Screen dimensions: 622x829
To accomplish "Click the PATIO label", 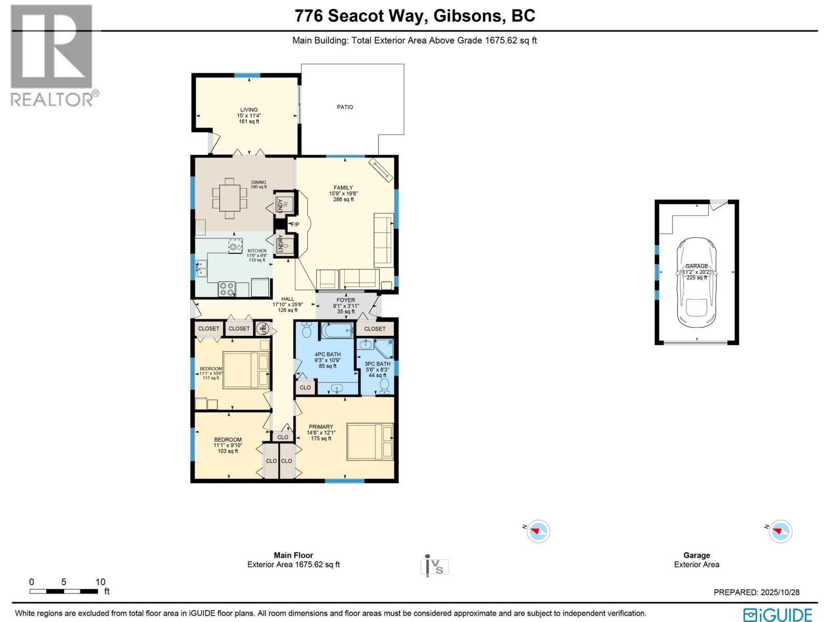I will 345,107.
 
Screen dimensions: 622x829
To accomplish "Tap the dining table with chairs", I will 230,195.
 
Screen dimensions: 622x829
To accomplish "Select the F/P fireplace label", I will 295,224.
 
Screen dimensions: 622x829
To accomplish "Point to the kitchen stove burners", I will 226,289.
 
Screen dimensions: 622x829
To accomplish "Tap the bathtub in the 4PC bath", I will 337,330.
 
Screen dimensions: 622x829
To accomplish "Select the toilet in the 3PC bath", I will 384,385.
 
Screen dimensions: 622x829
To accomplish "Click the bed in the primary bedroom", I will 370,441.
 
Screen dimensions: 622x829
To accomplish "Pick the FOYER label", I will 346,300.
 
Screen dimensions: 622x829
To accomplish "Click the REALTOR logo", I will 52,55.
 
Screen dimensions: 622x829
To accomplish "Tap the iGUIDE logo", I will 778,615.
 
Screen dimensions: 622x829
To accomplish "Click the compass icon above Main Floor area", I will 538,531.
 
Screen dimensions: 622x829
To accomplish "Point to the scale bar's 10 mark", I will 100,582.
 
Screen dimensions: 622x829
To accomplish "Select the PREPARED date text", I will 756,592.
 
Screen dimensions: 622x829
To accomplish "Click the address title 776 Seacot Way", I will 414,16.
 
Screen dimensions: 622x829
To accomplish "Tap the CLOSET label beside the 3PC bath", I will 375,329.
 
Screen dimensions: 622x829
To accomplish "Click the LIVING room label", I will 249,110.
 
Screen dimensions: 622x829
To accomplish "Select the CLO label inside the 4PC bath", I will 305,387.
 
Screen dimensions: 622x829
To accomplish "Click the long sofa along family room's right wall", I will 383,240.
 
